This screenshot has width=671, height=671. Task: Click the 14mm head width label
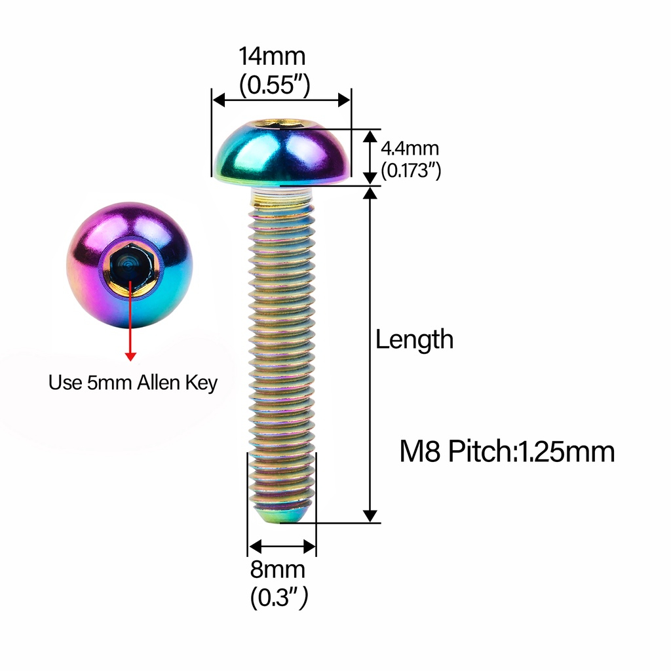(272, 56)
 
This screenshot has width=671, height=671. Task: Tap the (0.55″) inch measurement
(275, 85)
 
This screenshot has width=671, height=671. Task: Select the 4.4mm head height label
(410, 149)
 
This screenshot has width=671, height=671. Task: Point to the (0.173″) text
(411, 170)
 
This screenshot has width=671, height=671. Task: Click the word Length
(414, 339)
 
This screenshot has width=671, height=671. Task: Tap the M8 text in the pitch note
(420, 451)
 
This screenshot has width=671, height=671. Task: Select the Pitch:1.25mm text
(531, 451)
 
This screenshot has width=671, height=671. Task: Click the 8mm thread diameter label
(278, 569)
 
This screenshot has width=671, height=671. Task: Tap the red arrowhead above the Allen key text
(130, 356)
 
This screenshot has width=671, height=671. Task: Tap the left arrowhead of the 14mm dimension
(218, 100)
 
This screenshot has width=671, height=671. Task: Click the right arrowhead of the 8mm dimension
(310, 546)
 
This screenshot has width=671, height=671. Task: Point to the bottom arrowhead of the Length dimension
(370, 516)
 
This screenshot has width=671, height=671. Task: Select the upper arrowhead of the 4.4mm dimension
(370, 136)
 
